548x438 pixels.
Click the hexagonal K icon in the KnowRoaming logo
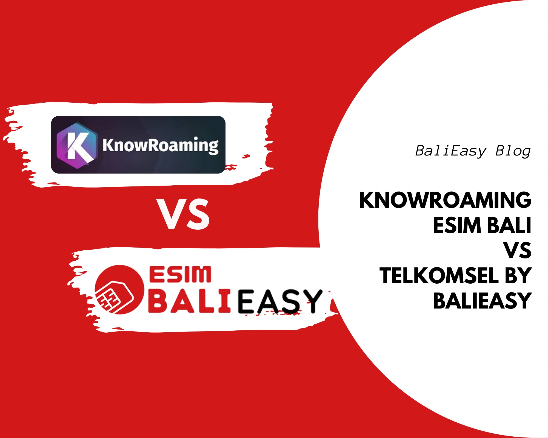(77, 144)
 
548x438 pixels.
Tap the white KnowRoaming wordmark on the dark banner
(160, 145)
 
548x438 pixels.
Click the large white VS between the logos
(183, 214)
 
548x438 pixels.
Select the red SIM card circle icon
(119, 289)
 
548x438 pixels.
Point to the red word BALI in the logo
(189, 301)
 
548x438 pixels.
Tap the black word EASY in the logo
(279, 301)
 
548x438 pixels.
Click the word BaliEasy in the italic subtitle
(451, 151)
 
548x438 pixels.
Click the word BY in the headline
(518, 276)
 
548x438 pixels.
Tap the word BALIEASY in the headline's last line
(482, 301)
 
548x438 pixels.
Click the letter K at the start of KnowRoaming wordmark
(107, 145)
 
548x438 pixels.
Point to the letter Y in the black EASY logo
(312, 301)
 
